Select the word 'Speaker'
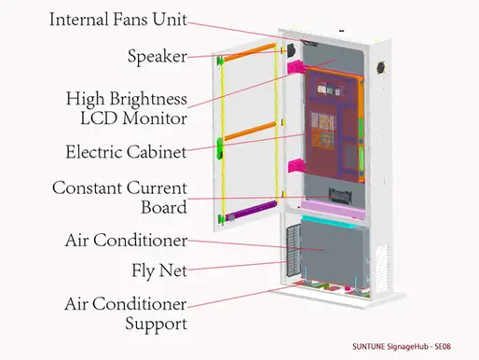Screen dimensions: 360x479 tap(156, 56)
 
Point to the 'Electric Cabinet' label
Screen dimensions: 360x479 tap(126, 151)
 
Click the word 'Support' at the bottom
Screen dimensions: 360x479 tap(156, 324)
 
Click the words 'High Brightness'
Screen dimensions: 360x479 tap(126, 99)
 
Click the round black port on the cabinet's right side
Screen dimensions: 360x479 tap(380, 67)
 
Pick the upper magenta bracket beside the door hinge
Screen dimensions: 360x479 tap(297, 67)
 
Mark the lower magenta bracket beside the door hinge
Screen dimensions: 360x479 tap(296, 166)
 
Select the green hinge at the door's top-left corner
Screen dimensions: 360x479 tap(221, 62)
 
